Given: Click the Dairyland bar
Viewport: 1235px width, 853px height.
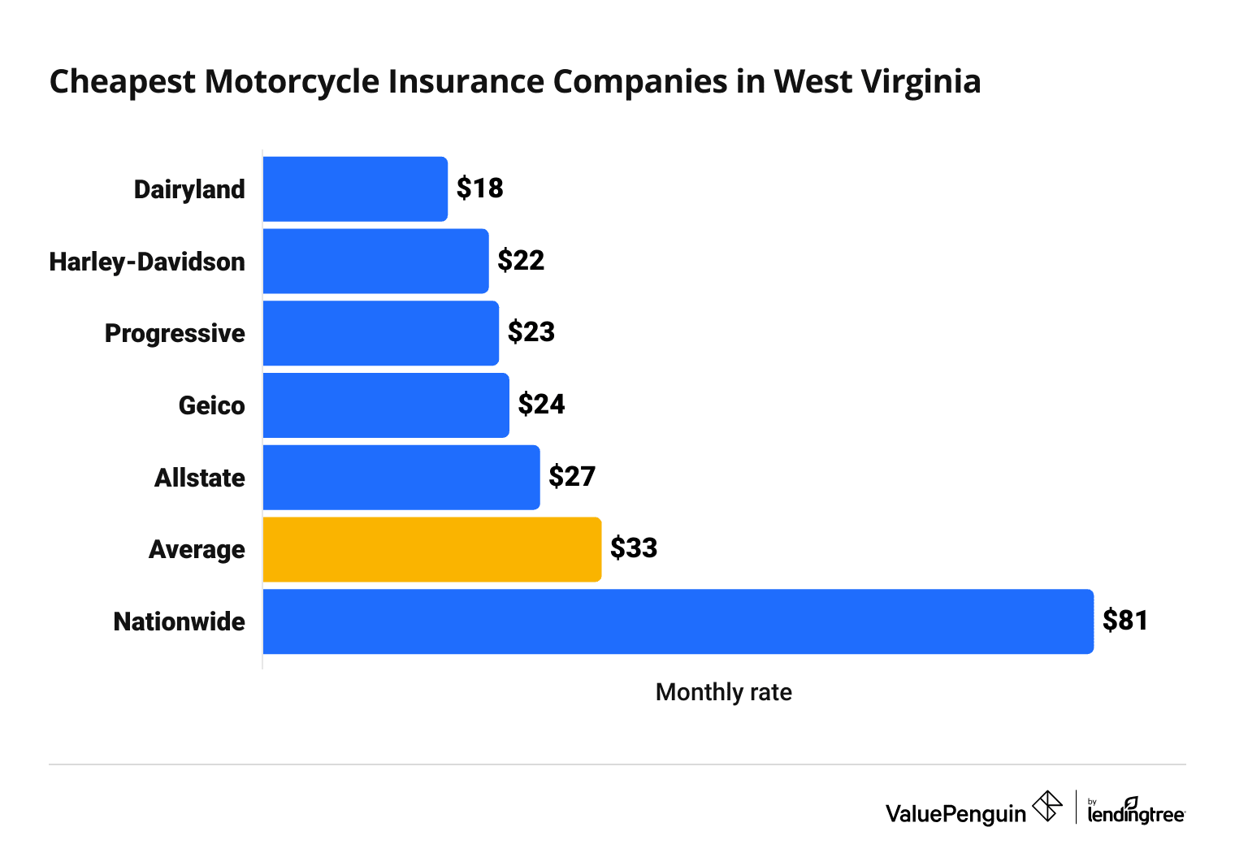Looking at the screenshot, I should [x=355, y=188].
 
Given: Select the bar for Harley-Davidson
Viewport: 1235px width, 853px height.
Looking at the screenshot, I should [x=375, y=261].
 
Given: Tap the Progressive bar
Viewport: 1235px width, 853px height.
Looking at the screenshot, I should [x=380, y=333].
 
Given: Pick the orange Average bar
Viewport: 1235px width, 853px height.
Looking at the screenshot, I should [x=431, y=549].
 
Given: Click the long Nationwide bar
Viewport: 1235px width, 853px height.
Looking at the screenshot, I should [x=678, y=621].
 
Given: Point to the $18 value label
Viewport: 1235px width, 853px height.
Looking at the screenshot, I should [x=479, y=188].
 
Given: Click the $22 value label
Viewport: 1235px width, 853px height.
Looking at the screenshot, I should [x=521, y=261].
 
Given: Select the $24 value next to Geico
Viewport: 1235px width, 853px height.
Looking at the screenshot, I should [x=541, y=405].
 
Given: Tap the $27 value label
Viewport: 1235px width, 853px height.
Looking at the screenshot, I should [x=572, y=477].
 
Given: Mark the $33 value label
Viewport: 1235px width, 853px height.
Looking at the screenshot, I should [x=634, y=548].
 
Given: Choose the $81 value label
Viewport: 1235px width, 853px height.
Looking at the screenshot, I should [x=1125, y=621].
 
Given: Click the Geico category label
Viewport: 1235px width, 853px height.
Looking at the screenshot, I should [x=211, y=405].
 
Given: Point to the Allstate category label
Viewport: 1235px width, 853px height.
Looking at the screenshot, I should [x=199, y=478].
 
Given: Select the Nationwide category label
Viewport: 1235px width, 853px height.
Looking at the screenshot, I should [x=179, y=621].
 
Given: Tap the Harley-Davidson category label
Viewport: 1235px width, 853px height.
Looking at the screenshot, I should [x=147, y=262].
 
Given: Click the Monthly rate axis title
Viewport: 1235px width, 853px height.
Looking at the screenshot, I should [x=723, y=692].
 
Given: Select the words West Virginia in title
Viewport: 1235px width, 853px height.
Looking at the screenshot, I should [x=877, y=82].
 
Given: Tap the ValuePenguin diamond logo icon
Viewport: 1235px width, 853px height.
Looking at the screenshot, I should [x=1046, y=807].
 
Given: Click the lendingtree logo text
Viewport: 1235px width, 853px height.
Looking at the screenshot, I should [x=1136, y=813].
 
